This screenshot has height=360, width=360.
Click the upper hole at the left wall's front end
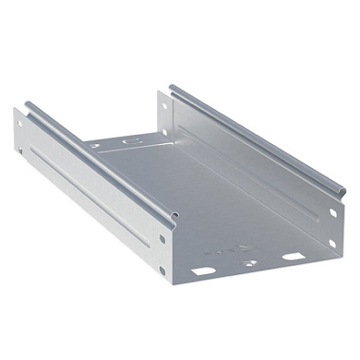point(162,238)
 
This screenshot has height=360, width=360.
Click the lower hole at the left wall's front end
point(162,270)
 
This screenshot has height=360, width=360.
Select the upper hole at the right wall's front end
point(333,213)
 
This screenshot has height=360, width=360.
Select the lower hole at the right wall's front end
point(331,243)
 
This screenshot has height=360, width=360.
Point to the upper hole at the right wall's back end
point(166,103)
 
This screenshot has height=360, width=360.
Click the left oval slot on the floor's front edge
point(204,271)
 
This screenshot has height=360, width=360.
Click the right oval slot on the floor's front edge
point(294,256)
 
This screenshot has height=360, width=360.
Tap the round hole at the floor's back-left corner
point(95,145)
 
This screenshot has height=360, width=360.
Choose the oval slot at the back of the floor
point(133,141)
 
